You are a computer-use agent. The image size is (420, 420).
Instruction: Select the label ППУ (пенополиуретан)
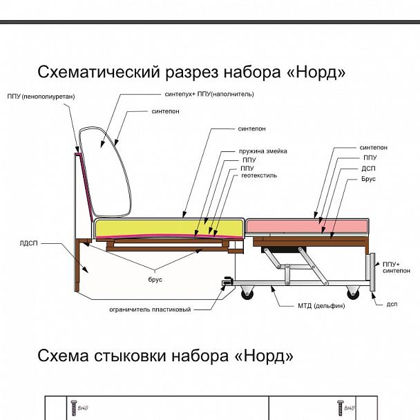click(41, 96)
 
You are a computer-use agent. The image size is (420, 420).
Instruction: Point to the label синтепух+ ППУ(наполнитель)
click(209, 94)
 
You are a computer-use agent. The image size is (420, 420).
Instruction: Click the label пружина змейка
click(262, 151)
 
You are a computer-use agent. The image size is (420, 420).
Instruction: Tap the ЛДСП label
click(29, 243)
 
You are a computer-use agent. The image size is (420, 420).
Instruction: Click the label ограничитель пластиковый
click(150, 309)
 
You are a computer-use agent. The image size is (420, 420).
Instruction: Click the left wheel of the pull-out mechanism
click(247, 294)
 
